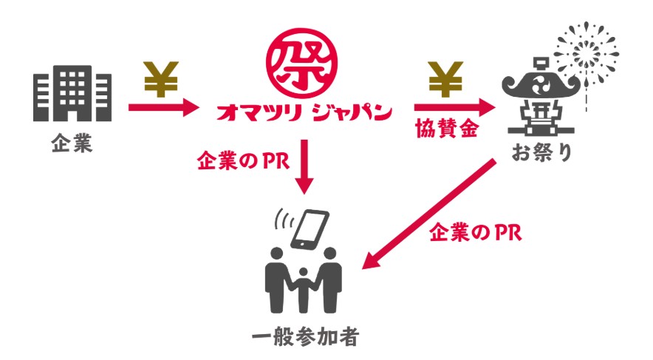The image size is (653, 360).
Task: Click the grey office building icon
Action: tap(72, 95)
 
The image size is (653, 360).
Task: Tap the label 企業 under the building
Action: tap(72, 143)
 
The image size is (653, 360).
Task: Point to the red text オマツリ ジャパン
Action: tap(303, 112)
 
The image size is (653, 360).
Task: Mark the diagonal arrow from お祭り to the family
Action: tap(431, 214)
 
